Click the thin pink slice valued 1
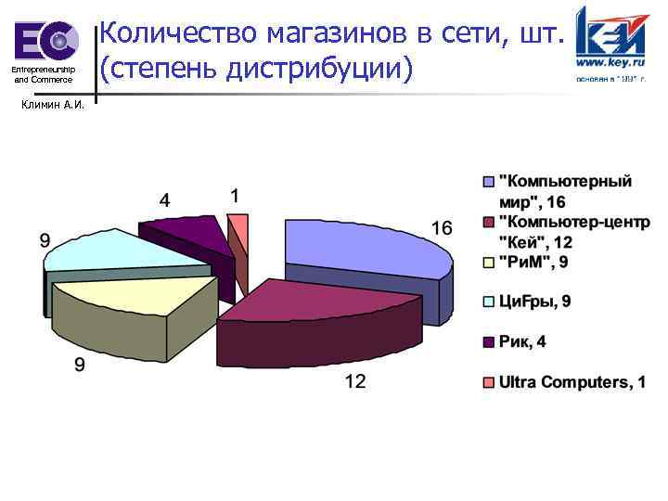239,225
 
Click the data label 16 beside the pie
441,228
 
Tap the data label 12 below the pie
355,380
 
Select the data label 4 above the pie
164,199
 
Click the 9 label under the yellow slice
80,365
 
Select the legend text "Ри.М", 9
534,263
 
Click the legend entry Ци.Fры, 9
534,301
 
